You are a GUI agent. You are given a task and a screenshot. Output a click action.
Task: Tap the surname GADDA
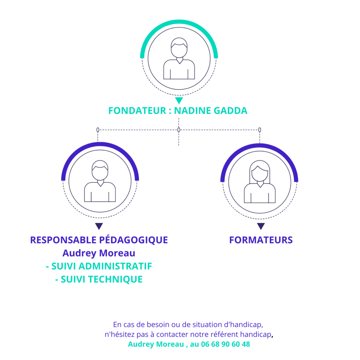click(x=230, y=111)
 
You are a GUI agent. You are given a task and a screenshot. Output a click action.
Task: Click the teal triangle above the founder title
click(x=179, y=101)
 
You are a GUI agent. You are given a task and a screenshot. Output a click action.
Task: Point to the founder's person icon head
click(x=179, y=47)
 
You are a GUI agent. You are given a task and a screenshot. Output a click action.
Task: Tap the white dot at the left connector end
click(x=98, y=130)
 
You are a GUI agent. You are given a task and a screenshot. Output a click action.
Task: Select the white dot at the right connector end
click(x=260, y=130)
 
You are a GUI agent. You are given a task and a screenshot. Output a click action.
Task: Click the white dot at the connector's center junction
click(x=179, y=130)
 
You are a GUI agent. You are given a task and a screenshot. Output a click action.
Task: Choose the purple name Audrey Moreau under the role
click(x=99, y=253)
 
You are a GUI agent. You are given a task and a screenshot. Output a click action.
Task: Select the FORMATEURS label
click(x=261, y=240)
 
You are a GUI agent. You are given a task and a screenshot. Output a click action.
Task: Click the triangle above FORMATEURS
click(x=261, y=226)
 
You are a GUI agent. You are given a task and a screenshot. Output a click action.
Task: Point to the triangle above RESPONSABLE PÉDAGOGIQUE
click(x=99, y=226)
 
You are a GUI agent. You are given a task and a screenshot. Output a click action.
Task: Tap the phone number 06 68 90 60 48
click(x=225, y=345)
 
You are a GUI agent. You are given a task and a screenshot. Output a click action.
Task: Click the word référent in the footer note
click(x=231, y=334)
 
